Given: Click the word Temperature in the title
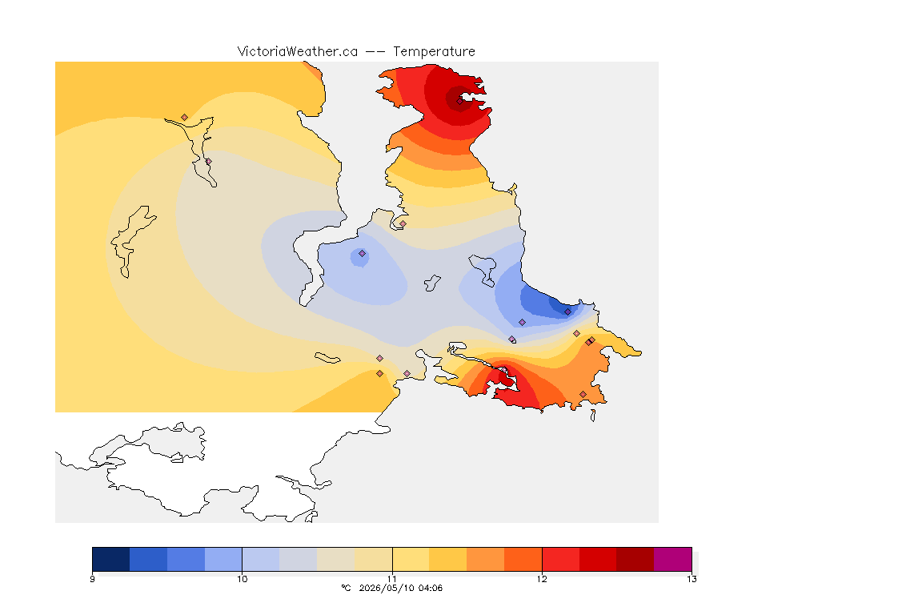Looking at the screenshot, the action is coord(434,52).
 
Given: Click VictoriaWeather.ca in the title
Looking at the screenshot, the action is coord(298,52).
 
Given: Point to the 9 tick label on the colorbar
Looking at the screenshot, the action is coord(92,579).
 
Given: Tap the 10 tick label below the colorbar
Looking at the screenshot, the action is coord(243,579).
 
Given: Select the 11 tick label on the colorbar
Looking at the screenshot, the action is coord(392,579).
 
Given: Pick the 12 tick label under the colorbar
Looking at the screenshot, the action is coord(542,579).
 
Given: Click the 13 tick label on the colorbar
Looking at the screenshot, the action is coord(691,579).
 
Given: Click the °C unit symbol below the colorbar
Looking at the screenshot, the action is coord(346,588).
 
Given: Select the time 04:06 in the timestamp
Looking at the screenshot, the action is coord(431,588).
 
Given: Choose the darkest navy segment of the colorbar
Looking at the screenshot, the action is coord(111,559).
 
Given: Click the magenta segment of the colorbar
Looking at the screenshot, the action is coord(672,559).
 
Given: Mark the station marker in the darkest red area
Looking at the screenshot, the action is coord(460,101).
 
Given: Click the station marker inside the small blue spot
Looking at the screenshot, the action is coord(363,254).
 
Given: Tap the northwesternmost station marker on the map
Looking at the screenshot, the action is coord(185,118).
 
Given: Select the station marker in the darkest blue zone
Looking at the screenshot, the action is coord(567,312).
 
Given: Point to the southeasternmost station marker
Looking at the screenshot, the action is coord(583,394).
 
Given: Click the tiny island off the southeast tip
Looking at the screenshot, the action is coord(593,416).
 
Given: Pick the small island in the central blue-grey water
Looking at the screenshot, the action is coord(432,283).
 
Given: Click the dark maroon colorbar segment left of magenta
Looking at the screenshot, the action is coord(635,559).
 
